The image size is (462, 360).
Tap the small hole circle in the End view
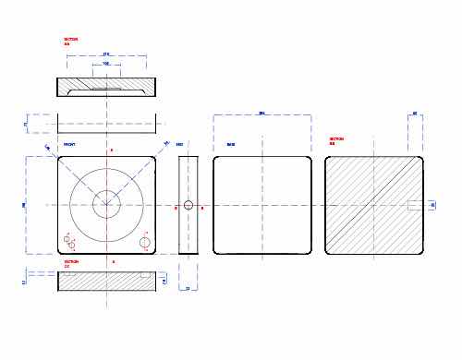coord(188,205)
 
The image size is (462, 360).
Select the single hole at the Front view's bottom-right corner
coord(144,242)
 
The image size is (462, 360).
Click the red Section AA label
coord(70,42)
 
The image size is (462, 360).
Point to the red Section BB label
coord(336,141)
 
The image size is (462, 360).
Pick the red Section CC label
coord(70,264)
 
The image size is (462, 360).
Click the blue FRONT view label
coord(69,145)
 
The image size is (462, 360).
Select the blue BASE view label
coord(230,145)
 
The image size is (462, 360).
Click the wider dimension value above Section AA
coord(106,54)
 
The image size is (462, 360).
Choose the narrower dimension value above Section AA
coord(106,64)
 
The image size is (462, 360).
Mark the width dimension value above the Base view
coord(261,114)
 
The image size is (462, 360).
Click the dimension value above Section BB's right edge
coord(415,114)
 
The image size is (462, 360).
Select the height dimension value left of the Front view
coord(24,205)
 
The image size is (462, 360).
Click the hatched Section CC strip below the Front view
coord(106,282)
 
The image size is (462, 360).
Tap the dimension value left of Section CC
coord(24,282)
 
